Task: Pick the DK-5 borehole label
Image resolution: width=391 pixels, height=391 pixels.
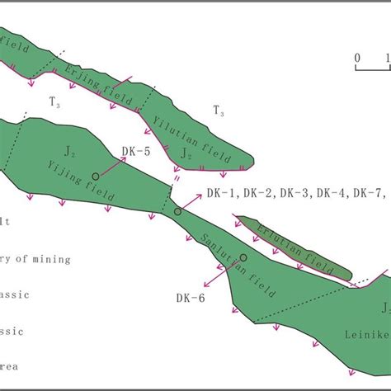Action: (x=135, y=152)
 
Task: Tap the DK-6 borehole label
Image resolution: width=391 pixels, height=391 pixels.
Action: (x=191, y=298)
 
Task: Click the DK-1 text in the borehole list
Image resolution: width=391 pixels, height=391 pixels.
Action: (x=221, y=194)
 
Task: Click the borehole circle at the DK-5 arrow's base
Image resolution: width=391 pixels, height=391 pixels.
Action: (x=96, y=176)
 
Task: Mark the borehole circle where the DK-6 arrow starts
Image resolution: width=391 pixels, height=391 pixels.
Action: (x=243, y=257)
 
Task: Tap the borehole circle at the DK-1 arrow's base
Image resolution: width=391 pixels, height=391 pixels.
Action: (x=177, y=212)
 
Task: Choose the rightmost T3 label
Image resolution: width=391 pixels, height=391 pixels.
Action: (x=219, y=110)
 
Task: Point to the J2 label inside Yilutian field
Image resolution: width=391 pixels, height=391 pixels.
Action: (x=188, y=153)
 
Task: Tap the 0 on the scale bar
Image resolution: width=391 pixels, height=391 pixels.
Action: (x=357, y=58)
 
